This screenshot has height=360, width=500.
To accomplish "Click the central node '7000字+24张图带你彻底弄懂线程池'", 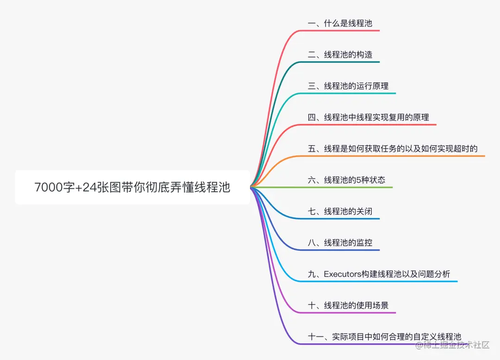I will click(x=132, y=187).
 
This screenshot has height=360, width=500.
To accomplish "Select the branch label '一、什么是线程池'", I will click(x=340, y=23).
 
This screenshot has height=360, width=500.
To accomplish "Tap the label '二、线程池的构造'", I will click(x=340, y=55).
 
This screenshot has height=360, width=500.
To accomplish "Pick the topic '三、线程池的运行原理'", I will click(x=348, y=86).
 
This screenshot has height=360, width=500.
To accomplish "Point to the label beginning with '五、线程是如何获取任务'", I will click(x=393, y=149).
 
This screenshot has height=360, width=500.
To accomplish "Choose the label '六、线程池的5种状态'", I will click(x=346, y=180).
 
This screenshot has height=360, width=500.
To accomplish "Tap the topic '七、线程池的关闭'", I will click(x=340, y=211).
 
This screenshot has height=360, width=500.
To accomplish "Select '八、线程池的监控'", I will click(x=340, y=242).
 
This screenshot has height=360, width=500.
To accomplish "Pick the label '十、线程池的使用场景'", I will click(x=348, y=305).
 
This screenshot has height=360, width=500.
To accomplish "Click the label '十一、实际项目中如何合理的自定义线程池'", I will click(x=384, y=337).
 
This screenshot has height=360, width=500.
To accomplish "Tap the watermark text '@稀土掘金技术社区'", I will click(x=452, y=345).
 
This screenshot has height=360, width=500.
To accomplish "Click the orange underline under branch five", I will click(x=394, y=156).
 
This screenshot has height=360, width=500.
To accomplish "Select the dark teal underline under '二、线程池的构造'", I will click(x=343, y=62).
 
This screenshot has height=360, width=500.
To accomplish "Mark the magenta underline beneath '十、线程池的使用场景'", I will click(x=352, y=313).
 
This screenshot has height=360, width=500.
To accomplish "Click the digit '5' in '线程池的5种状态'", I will click(x=358, y=180).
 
